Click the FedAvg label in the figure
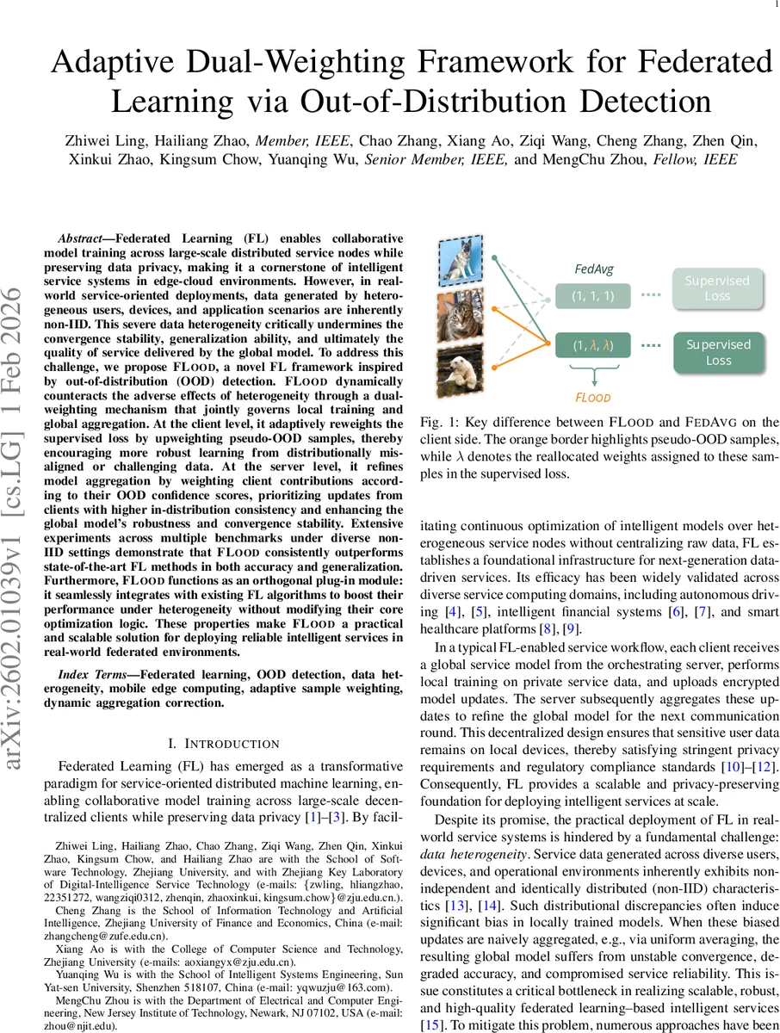(594, 269)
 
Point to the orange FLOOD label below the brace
(593, 399)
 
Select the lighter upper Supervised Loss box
(718, 288)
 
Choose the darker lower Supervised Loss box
(718, 352)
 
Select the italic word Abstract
(84, 238)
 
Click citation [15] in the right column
(431, 1024)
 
